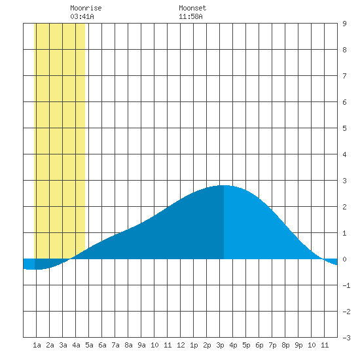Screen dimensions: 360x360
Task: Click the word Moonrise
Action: coord(86,8)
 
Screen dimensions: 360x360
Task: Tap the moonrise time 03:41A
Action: coord(82,16)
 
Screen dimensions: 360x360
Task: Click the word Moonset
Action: coord(192,8)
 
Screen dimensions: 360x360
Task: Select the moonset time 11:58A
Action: coord(190,16)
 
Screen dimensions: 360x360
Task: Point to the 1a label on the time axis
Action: coord(37,345)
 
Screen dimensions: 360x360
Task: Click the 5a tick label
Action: coord(89,345)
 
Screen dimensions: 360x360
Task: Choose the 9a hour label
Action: coord(141,345)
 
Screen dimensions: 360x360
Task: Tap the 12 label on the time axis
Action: coord(181,345)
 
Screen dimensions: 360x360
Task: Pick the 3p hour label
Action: coord(220,345)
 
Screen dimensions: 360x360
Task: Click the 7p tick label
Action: coord(272,345)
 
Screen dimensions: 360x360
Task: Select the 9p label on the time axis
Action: coord(298,345)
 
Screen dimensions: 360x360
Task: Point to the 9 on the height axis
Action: coord(344,24)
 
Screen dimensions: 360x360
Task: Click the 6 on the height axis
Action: coord(344,102)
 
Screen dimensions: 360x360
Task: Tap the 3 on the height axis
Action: coord(344,181)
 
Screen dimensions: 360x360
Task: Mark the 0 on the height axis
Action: coord(344,259)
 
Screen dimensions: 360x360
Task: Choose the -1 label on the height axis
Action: coord(346,285)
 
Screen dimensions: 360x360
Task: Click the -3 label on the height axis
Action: coord(346,338)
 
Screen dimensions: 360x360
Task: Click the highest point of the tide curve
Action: coord(224,185)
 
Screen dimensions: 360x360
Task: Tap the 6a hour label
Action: coord(102,345)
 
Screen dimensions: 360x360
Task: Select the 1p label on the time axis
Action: coord(194,345)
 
